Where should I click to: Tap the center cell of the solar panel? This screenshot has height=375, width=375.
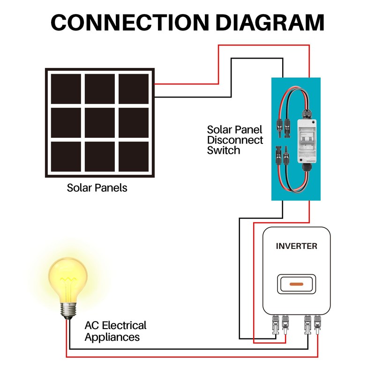pos(99,123)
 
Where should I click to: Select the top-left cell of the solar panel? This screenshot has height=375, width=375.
pos(66,89)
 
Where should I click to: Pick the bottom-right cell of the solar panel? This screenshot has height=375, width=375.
pos(134,157)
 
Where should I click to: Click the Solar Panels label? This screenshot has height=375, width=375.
pos(97,188)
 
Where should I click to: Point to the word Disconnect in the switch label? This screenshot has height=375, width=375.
pos(235,140)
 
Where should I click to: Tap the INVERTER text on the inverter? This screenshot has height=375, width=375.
pos(296,246)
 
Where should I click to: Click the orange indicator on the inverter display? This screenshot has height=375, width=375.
pos(296,284)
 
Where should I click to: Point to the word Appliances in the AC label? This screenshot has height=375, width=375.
pos(112,337)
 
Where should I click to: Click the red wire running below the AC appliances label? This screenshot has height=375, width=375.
pos(187,357)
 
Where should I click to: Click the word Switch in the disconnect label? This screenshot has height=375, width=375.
pos(224,150)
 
